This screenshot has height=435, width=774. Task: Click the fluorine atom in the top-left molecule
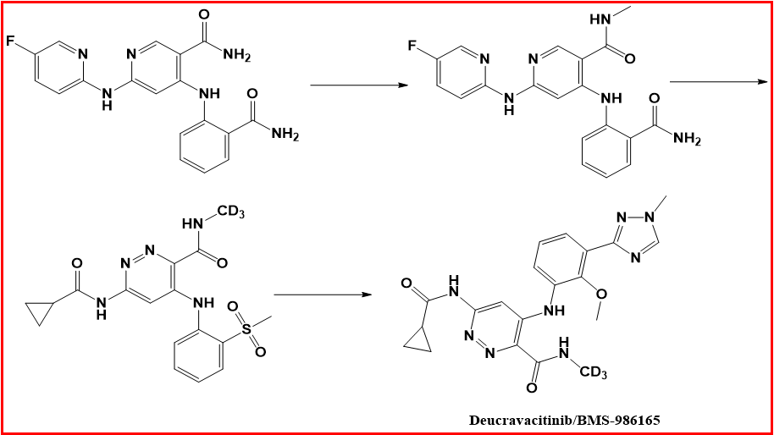(x=11, y=41)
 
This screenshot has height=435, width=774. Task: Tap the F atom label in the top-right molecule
(x=412, y=46)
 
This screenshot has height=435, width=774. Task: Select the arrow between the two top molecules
(x=359, y=85)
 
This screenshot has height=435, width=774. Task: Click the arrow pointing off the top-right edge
(x=719, y=81)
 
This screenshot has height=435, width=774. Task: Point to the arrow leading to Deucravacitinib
(x=323, y=295)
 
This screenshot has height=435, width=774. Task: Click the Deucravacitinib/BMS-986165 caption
(x=564, y=421)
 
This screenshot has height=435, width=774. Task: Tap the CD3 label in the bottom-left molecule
(x=230, y=212)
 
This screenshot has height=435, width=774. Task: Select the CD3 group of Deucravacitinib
(x=593, y=372)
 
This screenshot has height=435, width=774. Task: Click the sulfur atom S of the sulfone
(x=246, y=329)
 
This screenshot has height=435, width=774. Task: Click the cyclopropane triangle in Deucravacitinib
(x=418, y=340)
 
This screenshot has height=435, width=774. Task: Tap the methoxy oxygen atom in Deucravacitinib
(x=601, y=295)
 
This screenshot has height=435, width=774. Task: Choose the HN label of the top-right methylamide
(x=600, y=19)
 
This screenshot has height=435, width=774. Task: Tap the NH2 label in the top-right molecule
(x=687, y=139)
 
